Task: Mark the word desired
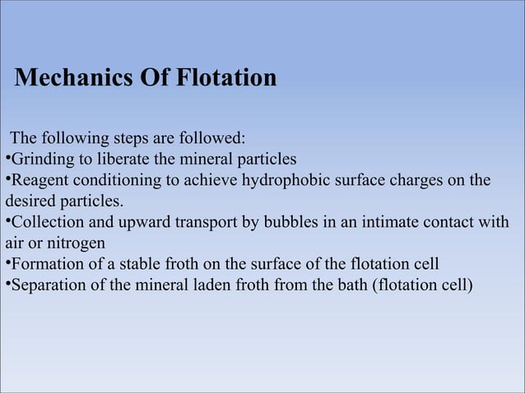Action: pyautogui.click(x=28, y=201)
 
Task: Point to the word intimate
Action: pyautogui.click(x=385, y=223)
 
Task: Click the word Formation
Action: pyautogui.click(x=44, y=265)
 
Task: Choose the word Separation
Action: pyautogui.click(x=46, y=286)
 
